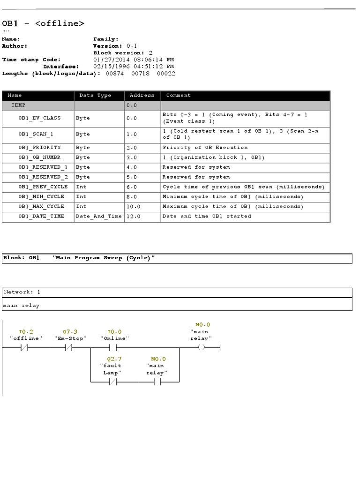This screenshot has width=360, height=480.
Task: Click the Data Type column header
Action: pyautogui.click(x=95, y=95)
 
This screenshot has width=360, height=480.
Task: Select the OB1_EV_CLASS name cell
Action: pyautogui.click(x=40, y=118)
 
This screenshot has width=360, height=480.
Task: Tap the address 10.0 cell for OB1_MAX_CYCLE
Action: pyautogui.click(x=133, y=207)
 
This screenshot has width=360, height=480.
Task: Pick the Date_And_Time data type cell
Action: pyautogui.click(x=98, y=217)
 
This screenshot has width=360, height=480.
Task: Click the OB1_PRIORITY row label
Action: pyautogui.click(x=40, y=148)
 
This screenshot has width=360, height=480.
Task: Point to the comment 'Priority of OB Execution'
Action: pyautogui.click(x=205, y=148)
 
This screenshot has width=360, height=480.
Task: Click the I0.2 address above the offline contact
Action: pyautogui.click(x=26, y=331)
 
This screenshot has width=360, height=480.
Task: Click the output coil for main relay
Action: pyautogui.click(x=202, y=348)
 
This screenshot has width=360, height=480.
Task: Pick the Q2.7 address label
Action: pyautogui.click(x=112, y=359)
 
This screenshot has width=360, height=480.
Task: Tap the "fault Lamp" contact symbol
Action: pyautogui.click(x=112, y=382)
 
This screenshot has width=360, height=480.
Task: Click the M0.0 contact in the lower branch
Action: pyautogui.click(x=157, y=382)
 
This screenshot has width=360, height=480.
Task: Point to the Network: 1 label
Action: pyautogui.click(x=22, y=292)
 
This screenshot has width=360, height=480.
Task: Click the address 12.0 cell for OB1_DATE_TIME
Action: pyautogui.click(x=133, y=217)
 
